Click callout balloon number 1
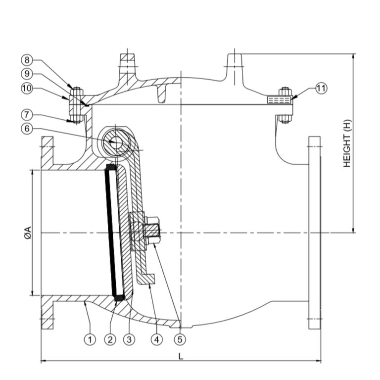coord(90,339)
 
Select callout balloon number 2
coord(110,339)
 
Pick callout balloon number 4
coord(157,339)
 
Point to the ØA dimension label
coord(27,233)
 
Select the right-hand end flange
coord(314,233)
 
